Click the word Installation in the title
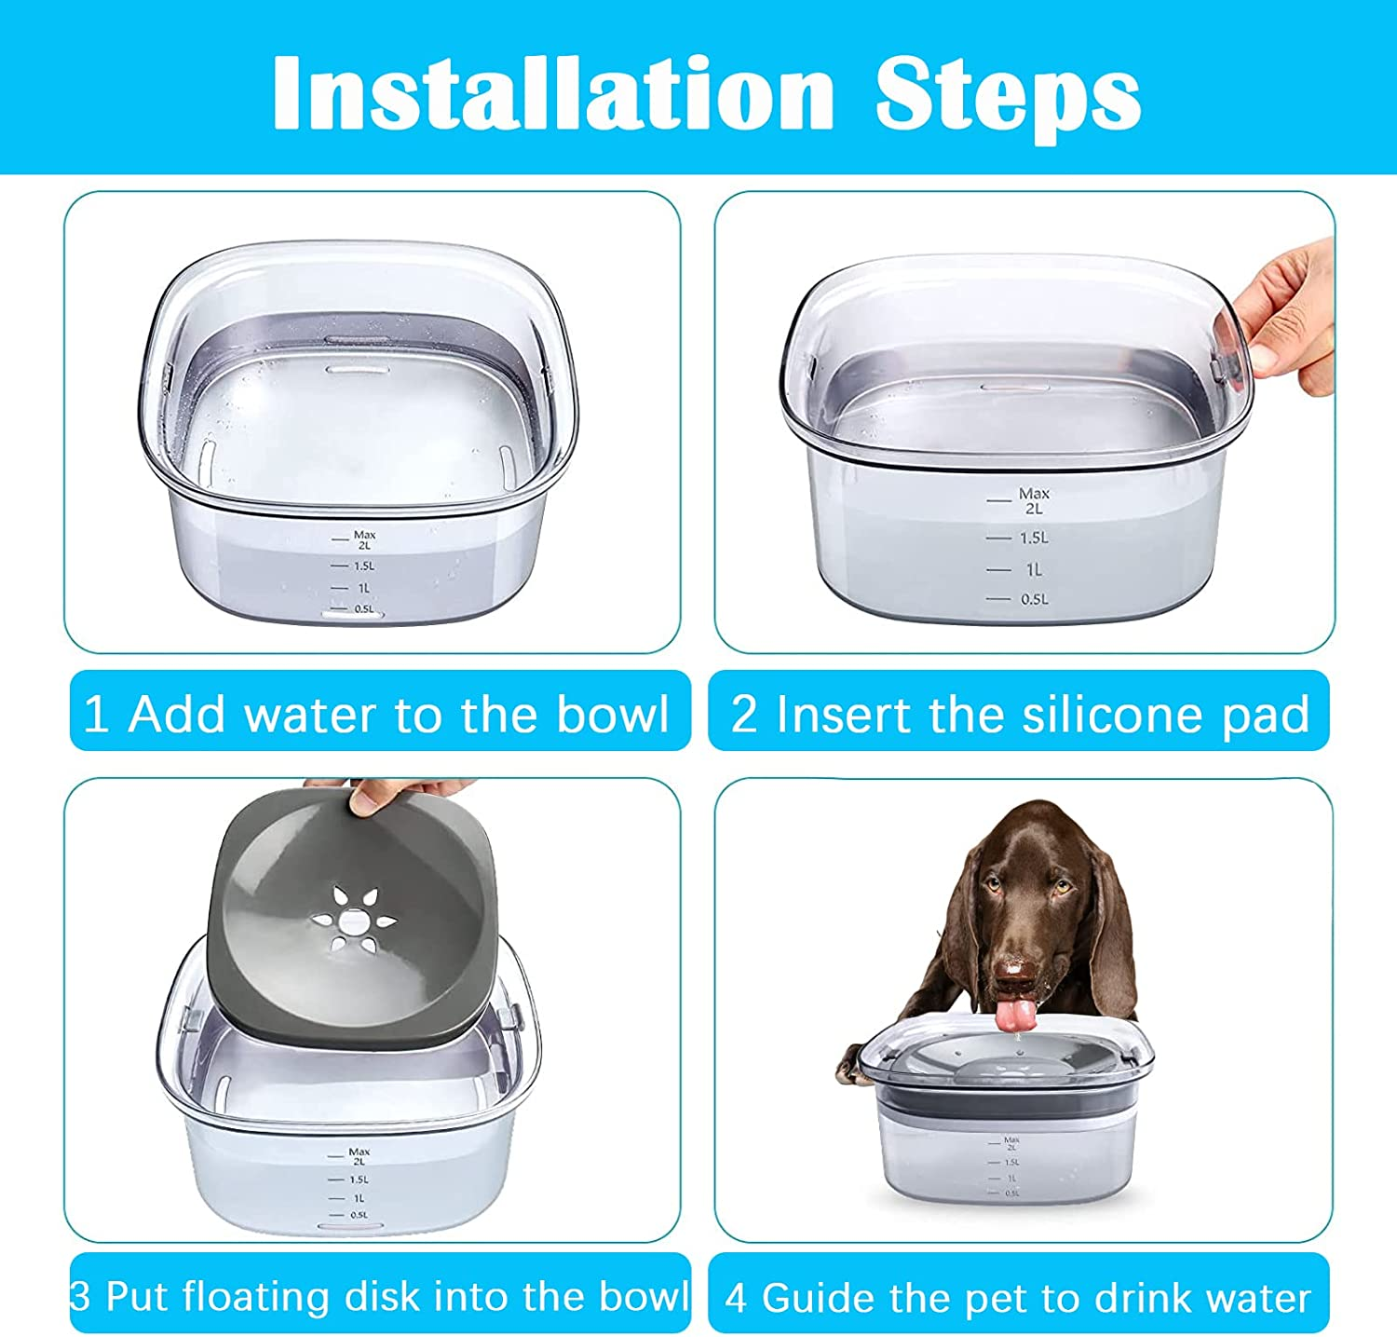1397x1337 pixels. click(553, 94)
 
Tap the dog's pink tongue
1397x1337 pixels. click(1015, 1015)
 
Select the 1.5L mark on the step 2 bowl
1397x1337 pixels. click(1033, 538)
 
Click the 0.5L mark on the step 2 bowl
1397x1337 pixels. click(1033, 599)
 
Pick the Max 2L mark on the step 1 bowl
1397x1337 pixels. click(363, 539)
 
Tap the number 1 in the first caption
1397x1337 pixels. click(95, 715)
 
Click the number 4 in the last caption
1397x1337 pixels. click(736, 1298)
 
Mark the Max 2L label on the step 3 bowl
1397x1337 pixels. click(359, 1156)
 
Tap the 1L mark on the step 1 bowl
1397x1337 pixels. click(363, 588)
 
